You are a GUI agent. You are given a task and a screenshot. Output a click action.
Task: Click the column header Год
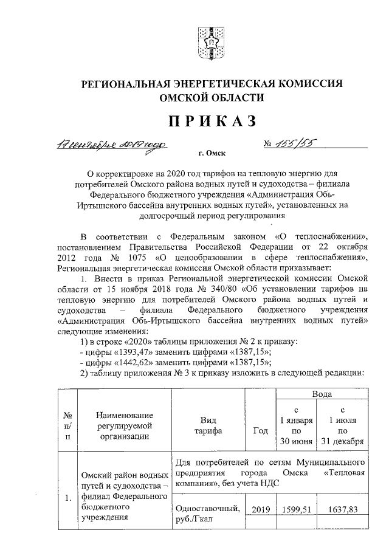click(260, 430)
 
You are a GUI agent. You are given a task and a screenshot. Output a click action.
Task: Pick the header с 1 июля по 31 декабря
click(344, 425)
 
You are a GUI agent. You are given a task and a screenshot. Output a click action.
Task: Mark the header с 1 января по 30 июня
click(295, 425)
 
